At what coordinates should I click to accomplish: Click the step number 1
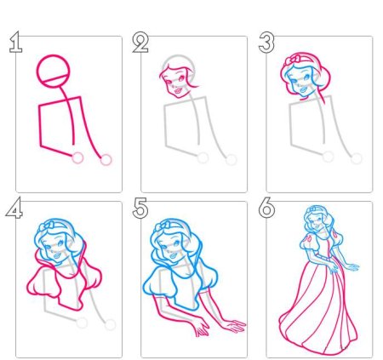[16, 43]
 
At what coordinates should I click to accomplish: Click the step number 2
[140, 43]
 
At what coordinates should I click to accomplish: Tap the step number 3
[266, 43]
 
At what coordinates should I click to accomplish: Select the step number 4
[14, 208]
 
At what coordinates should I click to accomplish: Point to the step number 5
[140, 208]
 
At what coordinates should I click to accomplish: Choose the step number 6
[266, 208]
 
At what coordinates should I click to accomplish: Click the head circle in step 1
[53, 54]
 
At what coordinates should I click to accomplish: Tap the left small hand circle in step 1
[77, 157]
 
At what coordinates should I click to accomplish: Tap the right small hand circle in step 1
[106, 160]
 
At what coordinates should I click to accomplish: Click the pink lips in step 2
[178, 91]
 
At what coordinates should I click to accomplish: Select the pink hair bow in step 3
[292, 60]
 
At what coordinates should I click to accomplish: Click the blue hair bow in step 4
[47, 226]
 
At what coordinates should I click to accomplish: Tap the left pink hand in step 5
[202, 329]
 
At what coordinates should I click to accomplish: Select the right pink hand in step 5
[235, 326]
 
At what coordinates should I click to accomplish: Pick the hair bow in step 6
[312, 209]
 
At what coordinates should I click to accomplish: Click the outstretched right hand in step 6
[352, 267]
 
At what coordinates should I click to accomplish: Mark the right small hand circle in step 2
[232, 160]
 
